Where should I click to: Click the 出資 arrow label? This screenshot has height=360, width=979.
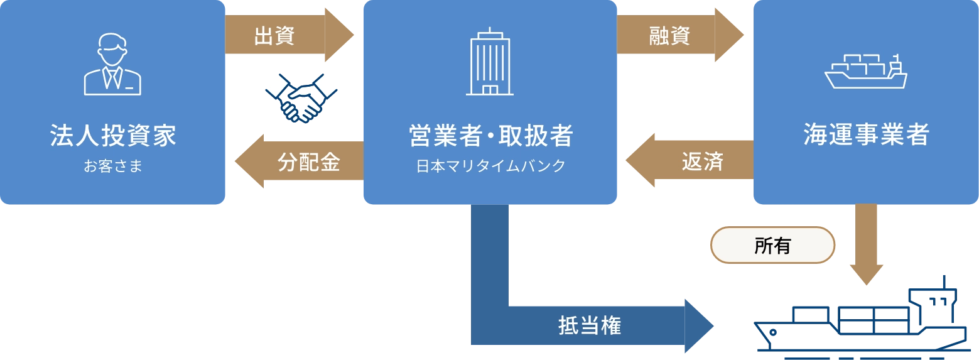click(x=274, y=36)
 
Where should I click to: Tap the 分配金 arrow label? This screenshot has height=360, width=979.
click(x=308, y=162)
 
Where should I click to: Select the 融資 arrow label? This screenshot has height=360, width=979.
click(x=669, y=36)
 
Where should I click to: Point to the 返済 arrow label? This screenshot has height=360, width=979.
click(x=703, y=162)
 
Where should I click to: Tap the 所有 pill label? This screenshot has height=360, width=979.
click(x=772, y=246)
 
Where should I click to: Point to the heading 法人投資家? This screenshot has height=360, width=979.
click(x=113, y=136)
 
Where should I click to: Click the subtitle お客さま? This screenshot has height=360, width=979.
click(x=113, y=166)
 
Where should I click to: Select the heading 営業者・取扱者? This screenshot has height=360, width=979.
click(x=490, y=136)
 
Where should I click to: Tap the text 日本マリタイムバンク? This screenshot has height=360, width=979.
click(x=490, y=166)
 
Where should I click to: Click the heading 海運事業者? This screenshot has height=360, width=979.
click(x=866, y=136)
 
